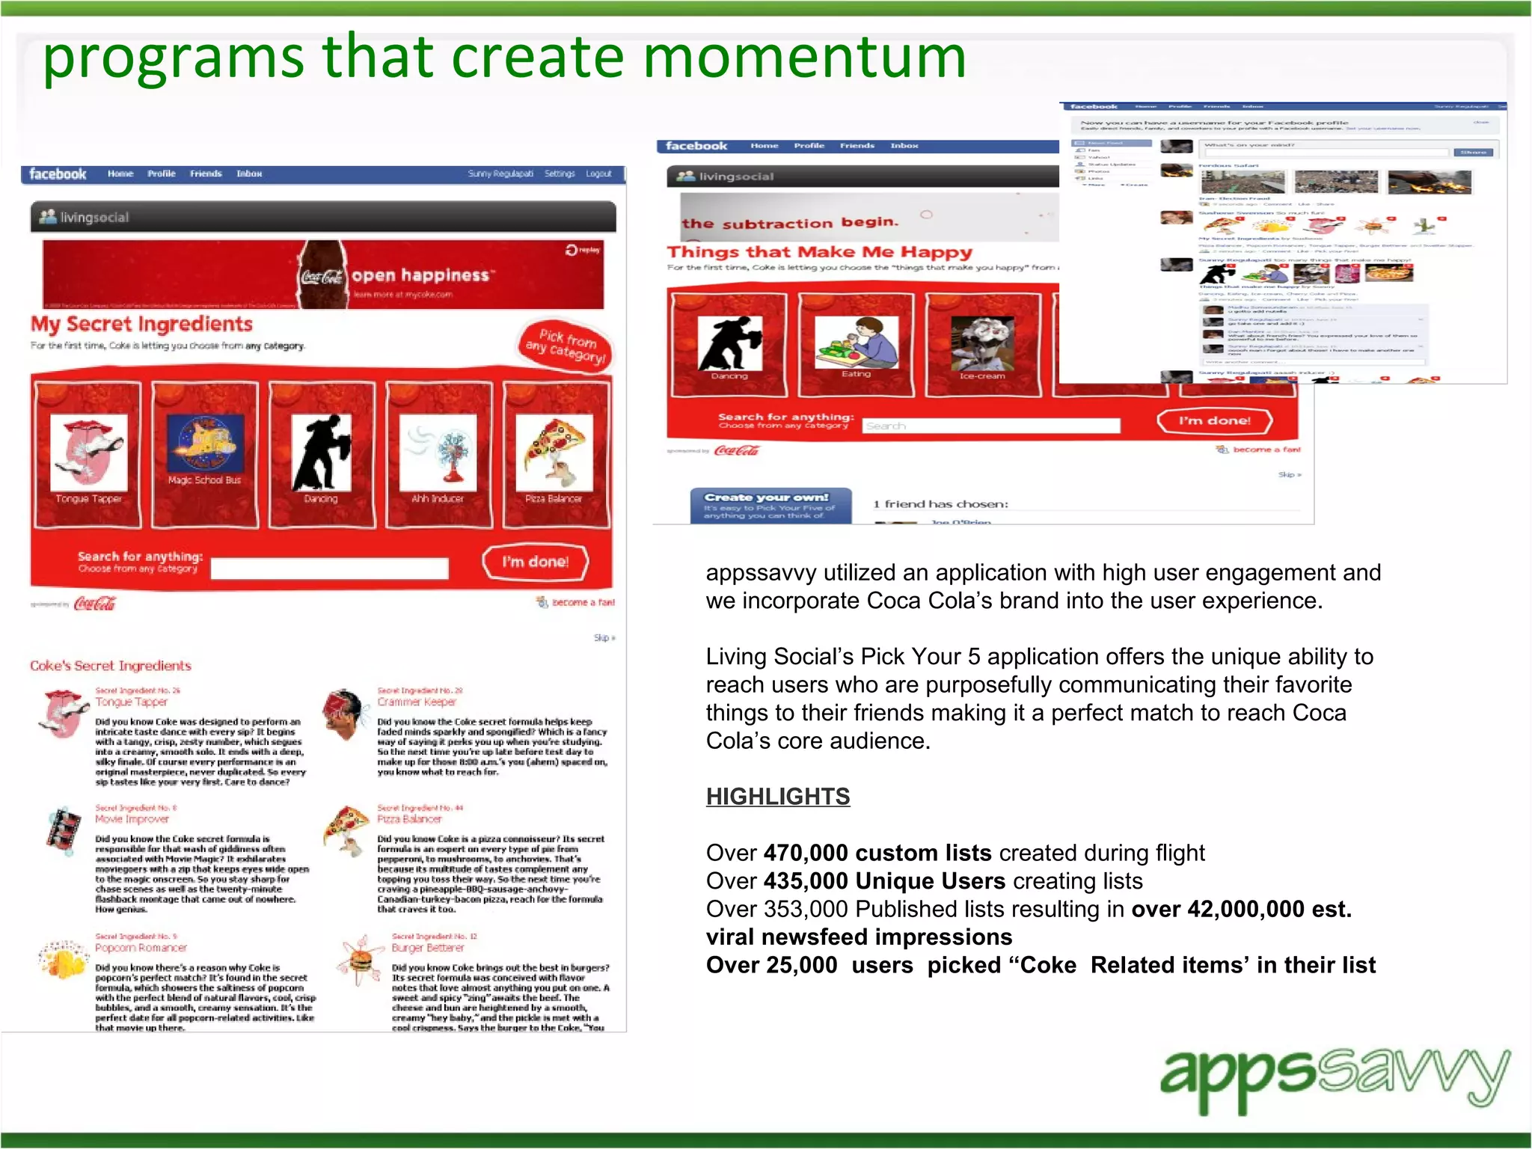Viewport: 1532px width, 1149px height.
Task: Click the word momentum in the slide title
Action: point(804,58)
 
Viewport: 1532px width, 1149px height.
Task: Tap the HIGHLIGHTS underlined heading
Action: point(778,797)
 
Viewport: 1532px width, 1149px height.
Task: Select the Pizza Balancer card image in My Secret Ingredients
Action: point(554,451)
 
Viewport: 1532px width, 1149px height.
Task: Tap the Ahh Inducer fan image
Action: point(438,451)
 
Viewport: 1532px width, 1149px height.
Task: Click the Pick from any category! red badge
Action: point(566,345)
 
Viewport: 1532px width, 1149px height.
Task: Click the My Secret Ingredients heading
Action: point(141,325)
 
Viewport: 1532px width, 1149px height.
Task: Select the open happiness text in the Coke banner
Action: point(420,275)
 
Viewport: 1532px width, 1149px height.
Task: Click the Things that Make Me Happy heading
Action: point(819,252)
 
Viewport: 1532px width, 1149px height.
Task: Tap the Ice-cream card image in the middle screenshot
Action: point(982,343)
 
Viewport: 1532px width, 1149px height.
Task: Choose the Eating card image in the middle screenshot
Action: point(856,341)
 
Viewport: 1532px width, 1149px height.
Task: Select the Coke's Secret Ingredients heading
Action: point(111,666)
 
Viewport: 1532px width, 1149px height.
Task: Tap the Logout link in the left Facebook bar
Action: point(598,174)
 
